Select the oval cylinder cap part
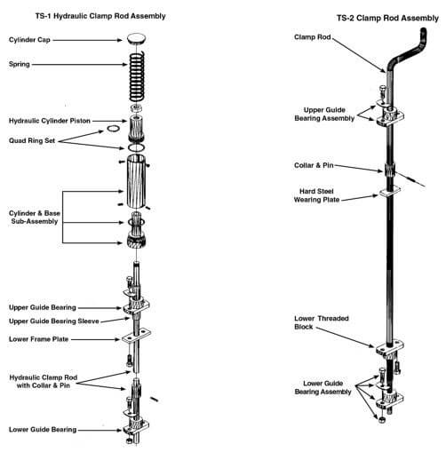click(x=139, y=39)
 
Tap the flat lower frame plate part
click(x=138, y=339)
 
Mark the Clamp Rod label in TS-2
click(x=315, y=37)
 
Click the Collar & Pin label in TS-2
click(x=318, y=164)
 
